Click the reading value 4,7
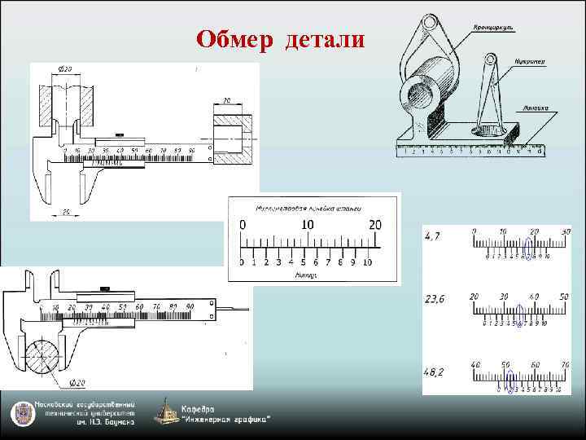tap(435, 237)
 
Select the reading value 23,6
tap(436, 299)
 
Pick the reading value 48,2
tap(436, 370)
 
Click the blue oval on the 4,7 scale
tap(529, 247)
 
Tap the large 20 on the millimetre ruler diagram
tap(374, 225)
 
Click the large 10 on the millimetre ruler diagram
tap(307, 225)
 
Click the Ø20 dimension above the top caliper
tap(65, 68)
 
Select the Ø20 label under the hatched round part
tap(78, 382)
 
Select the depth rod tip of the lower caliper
tap(246, 309)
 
